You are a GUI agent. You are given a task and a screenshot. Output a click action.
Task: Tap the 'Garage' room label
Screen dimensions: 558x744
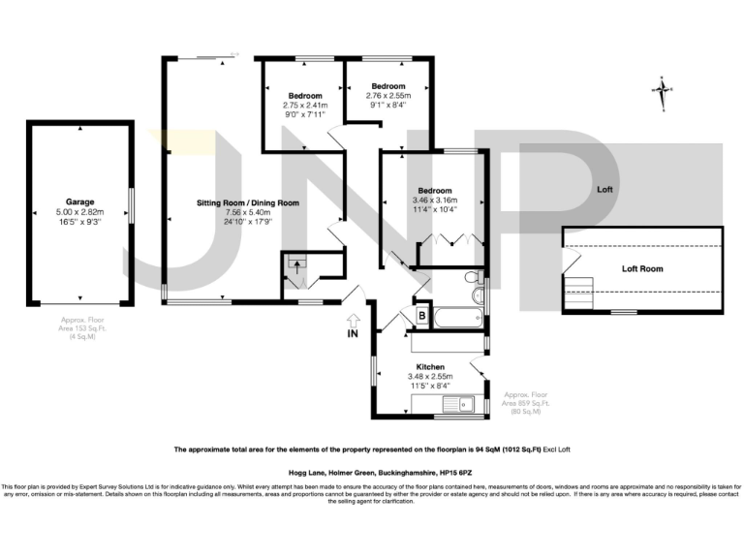click(x=79, y=202)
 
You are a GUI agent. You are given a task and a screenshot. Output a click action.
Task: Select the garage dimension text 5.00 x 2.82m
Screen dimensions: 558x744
click(x=79, y=212)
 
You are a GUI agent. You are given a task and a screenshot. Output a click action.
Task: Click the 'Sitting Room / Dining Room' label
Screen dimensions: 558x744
click(x=248, y=203)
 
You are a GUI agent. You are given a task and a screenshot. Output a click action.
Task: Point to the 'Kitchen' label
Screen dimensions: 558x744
click(x=430, y=367)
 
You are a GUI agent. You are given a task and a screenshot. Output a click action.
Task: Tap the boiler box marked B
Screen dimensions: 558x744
click(x=422, y=314)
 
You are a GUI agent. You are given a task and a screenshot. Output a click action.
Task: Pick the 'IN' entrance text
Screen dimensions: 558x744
click(x=354, y=335)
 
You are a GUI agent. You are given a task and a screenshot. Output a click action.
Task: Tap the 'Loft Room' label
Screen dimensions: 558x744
click(x=642, y=268)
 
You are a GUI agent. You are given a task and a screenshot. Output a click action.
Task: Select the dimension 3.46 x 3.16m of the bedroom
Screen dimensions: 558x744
click(x=435, y=200)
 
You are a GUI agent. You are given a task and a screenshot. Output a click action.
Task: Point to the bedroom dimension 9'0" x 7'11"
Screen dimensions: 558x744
click(x=304, y=114)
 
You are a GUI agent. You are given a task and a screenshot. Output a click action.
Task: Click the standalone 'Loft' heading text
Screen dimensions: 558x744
click(x=605, y=189)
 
